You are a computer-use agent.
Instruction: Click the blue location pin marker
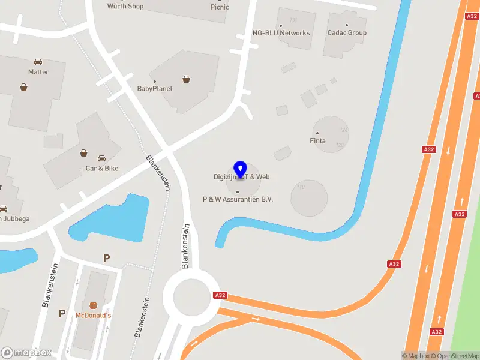pyautogui.click(x=240, y=169)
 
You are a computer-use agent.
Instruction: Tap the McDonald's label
pyautogui.click(x=93, y=315)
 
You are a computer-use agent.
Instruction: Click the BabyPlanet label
pyautogui.click(x=154, y=89)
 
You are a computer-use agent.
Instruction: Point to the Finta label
pyautogui.click(x=317, y=140)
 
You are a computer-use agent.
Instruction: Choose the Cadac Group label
pyautogui.click(x=347, y=33)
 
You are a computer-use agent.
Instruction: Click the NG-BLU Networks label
pyautogui.click(x=281, y=33)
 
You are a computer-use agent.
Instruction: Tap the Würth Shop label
pyautogui.click(x=125, y=7)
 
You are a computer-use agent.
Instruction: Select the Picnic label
pyautogui.click(x=220, y=7)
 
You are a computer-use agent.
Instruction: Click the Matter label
pyautogui.click(x=38, y=72)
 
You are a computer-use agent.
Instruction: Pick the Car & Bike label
pyautogui.click(x=102, y=169)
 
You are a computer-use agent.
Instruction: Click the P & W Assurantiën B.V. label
pyautogui.click(x=238, y=199)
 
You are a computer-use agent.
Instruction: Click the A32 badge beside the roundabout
pyautogui.click(x=220, y=295)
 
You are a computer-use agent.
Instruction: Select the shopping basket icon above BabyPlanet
pyautogui.click(x=187, y=79)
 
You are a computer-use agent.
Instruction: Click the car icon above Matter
pyautogui.click(x=38, y=62)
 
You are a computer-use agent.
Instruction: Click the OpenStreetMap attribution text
pyautogui.click(x=454, y=356)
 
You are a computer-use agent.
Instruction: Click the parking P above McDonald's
pyautogui.click(x=107, y=259)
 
